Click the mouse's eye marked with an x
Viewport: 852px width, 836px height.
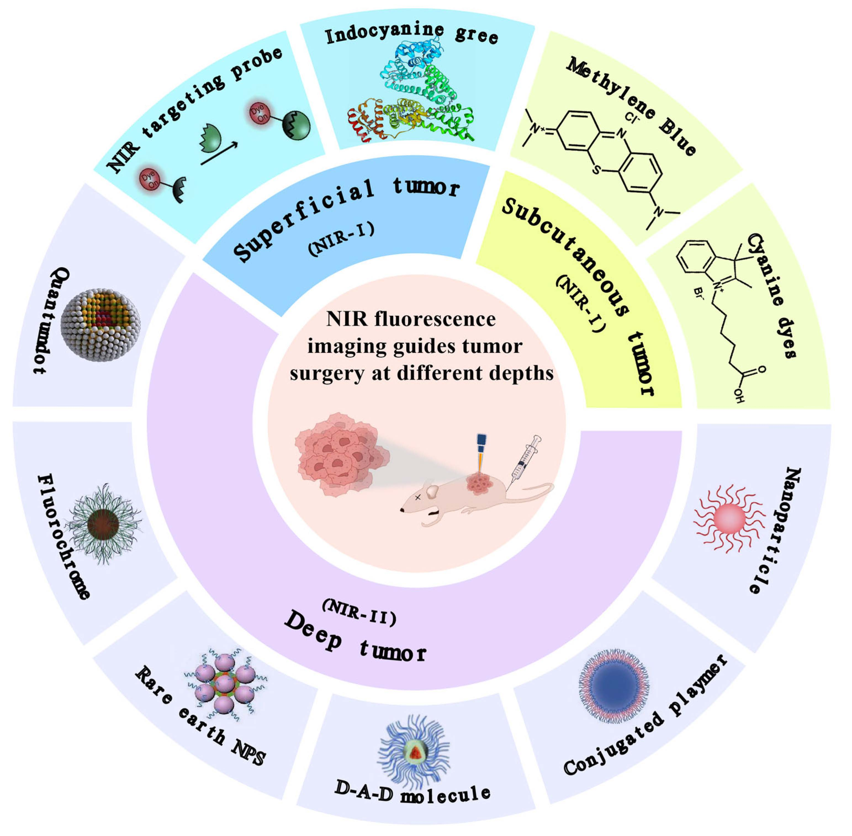[418, 497]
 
